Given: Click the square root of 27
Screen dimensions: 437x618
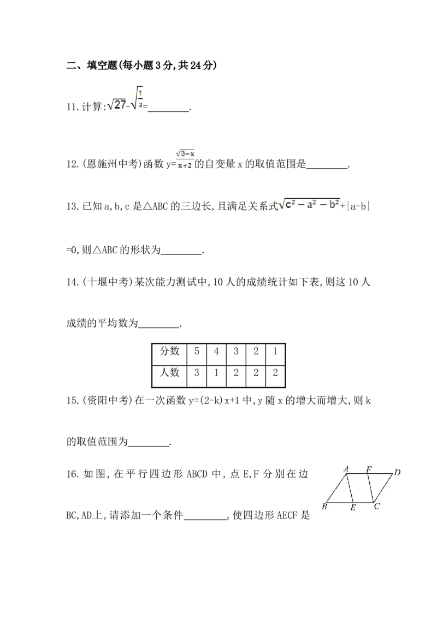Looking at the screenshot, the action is click(116, 104).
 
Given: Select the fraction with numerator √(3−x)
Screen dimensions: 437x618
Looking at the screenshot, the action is click(185, 159).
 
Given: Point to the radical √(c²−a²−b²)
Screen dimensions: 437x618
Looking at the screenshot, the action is click(309, 204).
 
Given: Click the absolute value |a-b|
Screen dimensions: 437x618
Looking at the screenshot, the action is click(358, 206).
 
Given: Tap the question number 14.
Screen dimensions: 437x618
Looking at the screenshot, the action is click(72, 282).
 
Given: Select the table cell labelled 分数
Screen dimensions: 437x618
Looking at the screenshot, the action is click(169, 351).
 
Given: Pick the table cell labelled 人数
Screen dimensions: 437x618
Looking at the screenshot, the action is click(169, 372).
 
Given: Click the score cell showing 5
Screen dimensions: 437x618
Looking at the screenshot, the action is click(197, 351).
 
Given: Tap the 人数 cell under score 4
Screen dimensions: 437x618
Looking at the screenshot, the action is click(216, 373).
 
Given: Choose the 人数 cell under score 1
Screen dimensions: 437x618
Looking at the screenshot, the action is click(275, 373).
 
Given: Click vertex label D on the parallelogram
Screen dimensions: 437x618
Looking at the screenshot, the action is click(397, 472).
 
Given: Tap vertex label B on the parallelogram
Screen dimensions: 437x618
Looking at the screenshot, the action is click(324, 506).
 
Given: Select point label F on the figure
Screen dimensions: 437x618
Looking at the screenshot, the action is click(369, 469).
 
